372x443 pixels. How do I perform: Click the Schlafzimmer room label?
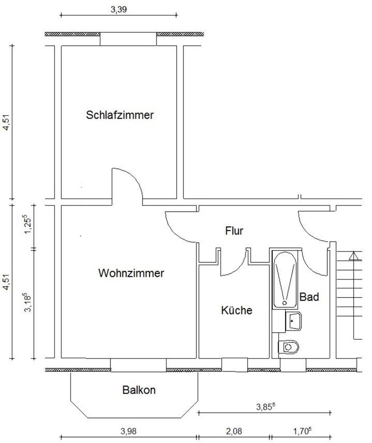120,115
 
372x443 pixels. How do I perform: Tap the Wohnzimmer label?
131,273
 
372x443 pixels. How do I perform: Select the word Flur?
234,230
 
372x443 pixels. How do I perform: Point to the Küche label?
237,311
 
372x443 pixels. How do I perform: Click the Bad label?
309,297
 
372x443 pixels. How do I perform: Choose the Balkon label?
139,390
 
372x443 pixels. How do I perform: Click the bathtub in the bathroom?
286,279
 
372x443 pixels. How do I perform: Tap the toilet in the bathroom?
289,346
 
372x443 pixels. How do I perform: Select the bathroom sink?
293,321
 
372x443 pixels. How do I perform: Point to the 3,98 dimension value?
129,431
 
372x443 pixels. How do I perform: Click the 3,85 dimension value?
265,407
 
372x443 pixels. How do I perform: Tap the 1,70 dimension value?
302,431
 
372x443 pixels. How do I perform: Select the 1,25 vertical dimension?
29,224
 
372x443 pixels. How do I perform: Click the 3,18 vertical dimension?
29,302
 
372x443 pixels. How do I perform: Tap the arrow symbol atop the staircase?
354,256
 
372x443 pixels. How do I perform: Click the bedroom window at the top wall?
128,40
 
